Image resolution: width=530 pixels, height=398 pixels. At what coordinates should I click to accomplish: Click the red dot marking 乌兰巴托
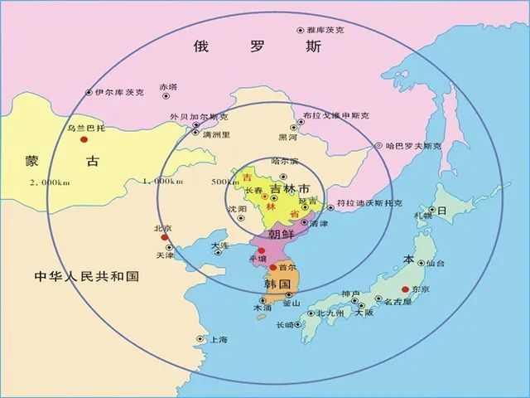[84, 140]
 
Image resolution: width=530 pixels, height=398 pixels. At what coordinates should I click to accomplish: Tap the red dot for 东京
[405, 289]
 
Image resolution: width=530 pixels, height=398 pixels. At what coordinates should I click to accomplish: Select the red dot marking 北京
[165, 238]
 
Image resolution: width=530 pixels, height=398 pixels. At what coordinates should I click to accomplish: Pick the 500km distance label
[224, 182]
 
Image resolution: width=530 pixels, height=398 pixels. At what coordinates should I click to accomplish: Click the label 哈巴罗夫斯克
[413, 146]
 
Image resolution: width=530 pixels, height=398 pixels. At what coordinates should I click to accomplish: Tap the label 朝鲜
[282, 235]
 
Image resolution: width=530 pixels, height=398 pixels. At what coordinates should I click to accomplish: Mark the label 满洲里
[217, 133]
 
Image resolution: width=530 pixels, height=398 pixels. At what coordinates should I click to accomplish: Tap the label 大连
[219, 246]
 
